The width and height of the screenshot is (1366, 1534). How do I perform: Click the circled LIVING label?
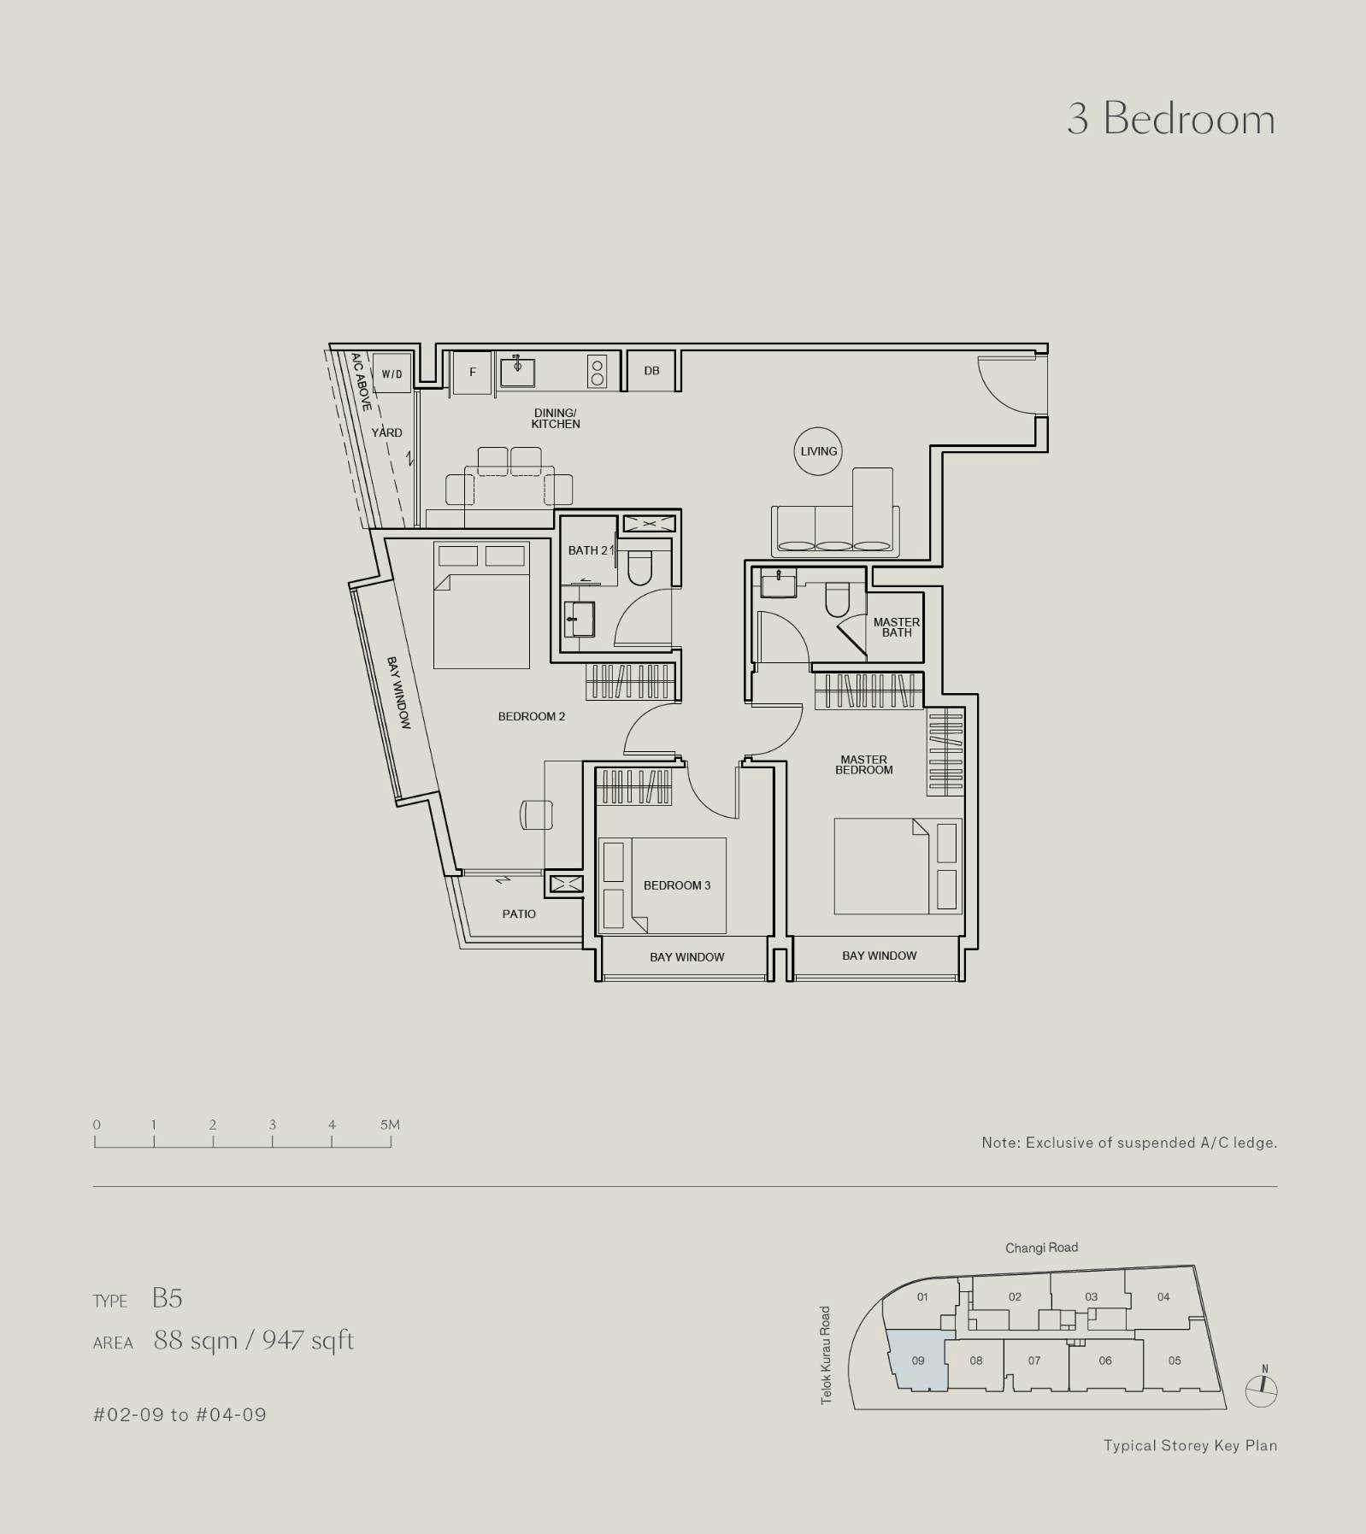click(818, 451)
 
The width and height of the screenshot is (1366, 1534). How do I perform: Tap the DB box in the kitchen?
click(652, 370)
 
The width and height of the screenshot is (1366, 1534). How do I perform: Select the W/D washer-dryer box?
click(392, 373)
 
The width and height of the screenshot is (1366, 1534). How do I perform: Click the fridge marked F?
click(472, 372)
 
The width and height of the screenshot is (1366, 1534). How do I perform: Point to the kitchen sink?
click(517, 371)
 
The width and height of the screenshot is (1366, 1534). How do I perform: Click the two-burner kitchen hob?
click(597, 372)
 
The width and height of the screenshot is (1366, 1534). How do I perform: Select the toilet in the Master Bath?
click(838, 599)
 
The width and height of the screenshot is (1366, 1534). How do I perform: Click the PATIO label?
click(519, 914)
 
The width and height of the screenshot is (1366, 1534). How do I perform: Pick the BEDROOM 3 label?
click(677, 885)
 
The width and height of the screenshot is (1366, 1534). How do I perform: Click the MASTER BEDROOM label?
click(864, 764)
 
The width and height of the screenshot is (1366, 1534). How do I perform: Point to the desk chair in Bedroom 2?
click(536, 814)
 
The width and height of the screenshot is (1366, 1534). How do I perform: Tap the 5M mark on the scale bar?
click(390, 1125)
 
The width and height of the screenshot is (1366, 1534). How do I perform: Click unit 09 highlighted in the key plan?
click(917, 1360)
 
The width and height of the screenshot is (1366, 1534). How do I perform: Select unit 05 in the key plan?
click(1175, 1360)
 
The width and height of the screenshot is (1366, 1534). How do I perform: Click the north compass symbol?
click(1262, 1391)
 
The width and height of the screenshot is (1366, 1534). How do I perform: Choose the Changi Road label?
click(1041, 1248)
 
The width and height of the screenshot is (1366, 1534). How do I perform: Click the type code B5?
click(168, 1298)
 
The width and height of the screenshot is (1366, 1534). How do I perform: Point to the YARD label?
click(386, 432)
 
